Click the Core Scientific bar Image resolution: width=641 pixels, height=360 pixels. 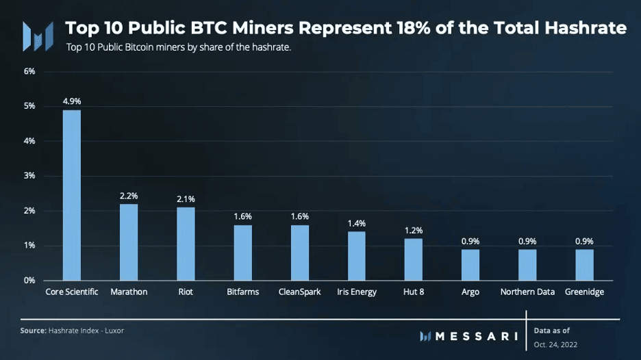click(72, 195)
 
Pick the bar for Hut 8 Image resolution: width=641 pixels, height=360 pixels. click(413, 259)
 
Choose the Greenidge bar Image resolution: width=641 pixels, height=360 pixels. click(584, 265)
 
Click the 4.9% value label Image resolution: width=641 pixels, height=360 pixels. click(72, 101)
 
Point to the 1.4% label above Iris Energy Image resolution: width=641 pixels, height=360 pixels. click(356, 223)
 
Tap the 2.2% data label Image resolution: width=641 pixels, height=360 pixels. click(129, 196)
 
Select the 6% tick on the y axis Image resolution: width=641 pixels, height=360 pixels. click(29, 71)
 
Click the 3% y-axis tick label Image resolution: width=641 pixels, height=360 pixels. click(29, 176)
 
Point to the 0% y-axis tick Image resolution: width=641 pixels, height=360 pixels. click(29, 281)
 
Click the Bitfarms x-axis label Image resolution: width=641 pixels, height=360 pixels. click(242, 292)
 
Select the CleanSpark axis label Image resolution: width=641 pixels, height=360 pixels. click(299, 292)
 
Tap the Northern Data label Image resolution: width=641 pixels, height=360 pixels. click(527, 292)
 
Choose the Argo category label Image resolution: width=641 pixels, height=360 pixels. click(470, 292)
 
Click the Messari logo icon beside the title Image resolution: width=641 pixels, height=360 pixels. click(37, 36)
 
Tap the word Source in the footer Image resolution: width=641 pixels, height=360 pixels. click(33, 331)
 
